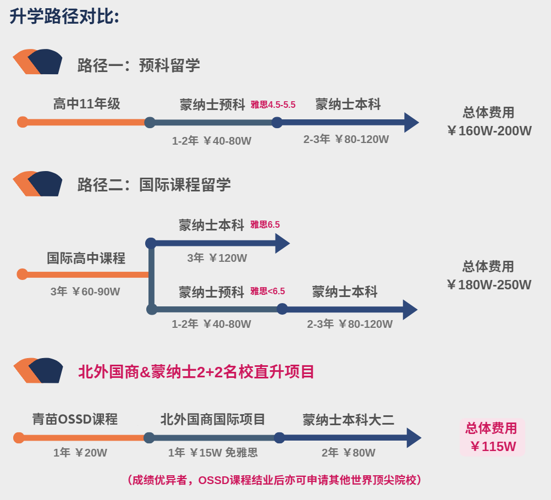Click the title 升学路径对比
[64, 17]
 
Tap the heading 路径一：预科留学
[139, 65]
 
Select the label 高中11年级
[87, 104]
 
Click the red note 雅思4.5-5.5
[273, 105]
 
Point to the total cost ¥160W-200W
[489, 131]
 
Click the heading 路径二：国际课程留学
[154, 185]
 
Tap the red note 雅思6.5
[265, 224]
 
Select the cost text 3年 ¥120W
[217, 258]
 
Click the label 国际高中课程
[86, 258]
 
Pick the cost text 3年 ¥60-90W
[85, 292]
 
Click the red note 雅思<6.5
[267, 291]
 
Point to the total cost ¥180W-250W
[489, 285]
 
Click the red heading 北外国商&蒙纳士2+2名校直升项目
[196, 372]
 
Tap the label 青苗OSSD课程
[75, 419]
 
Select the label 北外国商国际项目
[213, 419]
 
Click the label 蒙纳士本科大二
[348, 420]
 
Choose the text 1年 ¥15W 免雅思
[213, 453]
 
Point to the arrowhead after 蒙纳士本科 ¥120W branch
[283, 243]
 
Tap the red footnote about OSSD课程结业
[274, 480]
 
